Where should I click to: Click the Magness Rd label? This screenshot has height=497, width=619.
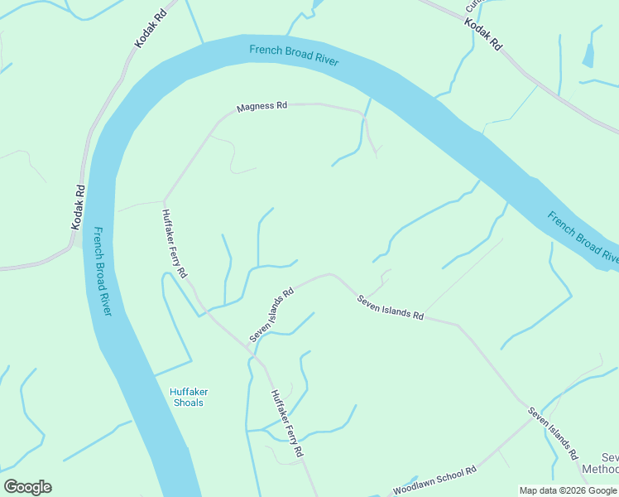[x=262, y=107]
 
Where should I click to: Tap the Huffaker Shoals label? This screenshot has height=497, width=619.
[x=186, y=397]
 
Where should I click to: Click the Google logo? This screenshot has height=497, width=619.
[x=27, y=487]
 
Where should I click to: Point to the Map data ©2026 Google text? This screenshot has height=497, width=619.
[x=568, y=490]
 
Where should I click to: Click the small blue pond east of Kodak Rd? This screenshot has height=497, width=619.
[x=588, y=55]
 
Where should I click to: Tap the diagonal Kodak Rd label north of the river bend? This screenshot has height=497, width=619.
[x=151, y=30]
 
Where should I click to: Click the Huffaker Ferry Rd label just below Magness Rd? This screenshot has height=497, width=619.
[x=175, y=243]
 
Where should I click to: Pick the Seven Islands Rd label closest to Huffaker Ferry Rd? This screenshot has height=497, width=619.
[x=272, y=315]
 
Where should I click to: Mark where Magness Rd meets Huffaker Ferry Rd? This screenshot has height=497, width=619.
[x=165, y=200]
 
